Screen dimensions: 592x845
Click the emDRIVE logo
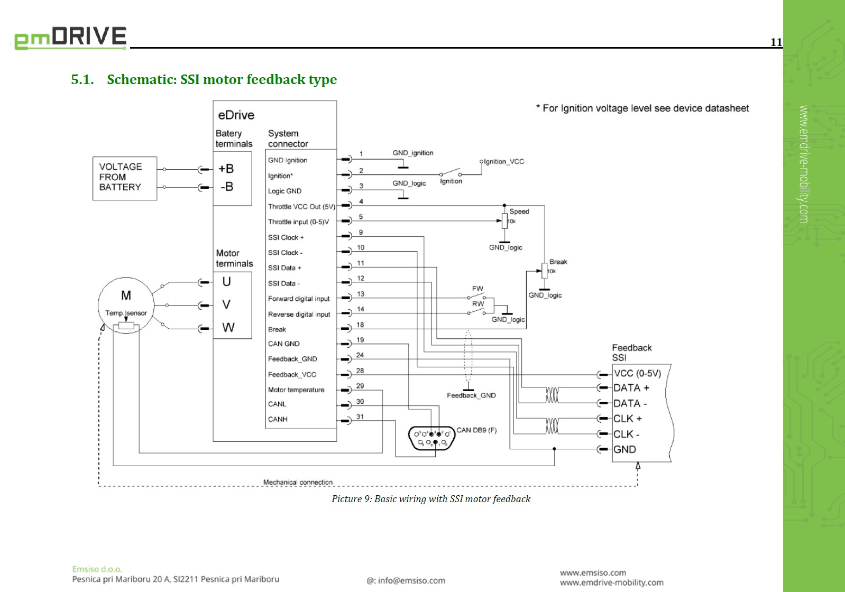click(70, 38)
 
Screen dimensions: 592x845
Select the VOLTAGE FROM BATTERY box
click(125, 178)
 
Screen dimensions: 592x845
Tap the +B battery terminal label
click(226, 169)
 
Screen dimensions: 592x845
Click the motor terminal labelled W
click(228, 328)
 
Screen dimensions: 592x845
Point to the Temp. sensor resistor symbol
click(126, 326)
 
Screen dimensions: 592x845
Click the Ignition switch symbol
click(451, 173)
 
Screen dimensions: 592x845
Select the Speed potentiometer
click(504, 221)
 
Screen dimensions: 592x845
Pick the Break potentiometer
click(544, 271)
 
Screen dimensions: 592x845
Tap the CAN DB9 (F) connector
click(431, 438)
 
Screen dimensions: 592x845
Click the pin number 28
click(360, 371)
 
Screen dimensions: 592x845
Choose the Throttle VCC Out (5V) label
click(301, 207)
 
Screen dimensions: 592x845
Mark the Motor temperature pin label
click(296, 390)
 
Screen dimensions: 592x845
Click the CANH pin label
click(278, 420)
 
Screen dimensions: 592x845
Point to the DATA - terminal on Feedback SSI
click(630, 403)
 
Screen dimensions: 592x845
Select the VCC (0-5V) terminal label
click(637, 374)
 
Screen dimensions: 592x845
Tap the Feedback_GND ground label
click(471, 395)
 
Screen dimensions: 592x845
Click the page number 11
click(776, 42)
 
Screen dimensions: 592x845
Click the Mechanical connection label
click(298, 482)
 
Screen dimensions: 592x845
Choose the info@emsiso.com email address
click(406, 580)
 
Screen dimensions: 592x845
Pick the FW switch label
click(477, 289)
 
